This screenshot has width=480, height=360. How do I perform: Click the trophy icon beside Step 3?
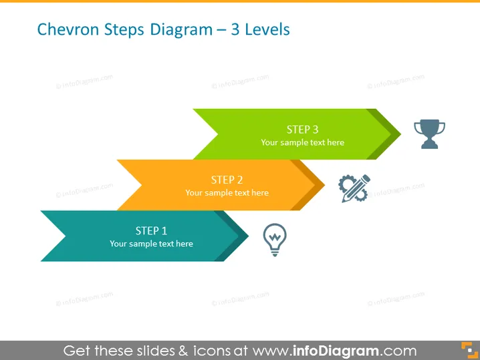point(429,134)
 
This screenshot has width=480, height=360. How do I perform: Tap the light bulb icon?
point(275,240)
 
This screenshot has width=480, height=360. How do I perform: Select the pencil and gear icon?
point(354,188)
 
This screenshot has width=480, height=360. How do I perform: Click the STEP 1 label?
point(151,230)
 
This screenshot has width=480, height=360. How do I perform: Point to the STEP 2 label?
point(227,180)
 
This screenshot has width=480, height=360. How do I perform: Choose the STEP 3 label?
point(302,130)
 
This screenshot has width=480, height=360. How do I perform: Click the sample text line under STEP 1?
point(151,244)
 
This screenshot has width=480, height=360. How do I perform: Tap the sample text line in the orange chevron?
point(227,193)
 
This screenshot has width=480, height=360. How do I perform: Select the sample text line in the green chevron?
point(302,142)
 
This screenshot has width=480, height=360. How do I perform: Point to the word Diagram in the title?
point(181,30)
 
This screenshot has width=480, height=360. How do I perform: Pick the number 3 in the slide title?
point(235,29)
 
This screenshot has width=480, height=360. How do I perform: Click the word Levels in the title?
point(267,29)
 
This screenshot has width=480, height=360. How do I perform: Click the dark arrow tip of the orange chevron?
point(316,185)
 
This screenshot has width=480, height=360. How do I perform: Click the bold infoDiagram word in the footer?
point(336,351)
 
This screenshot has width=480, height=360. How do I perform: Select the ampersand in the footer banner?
point(183,351)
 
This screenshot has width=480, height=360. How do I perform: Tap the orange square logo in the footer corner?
point(469,350)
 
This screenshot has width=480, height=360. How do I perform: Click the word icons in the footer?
point(211,351)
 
